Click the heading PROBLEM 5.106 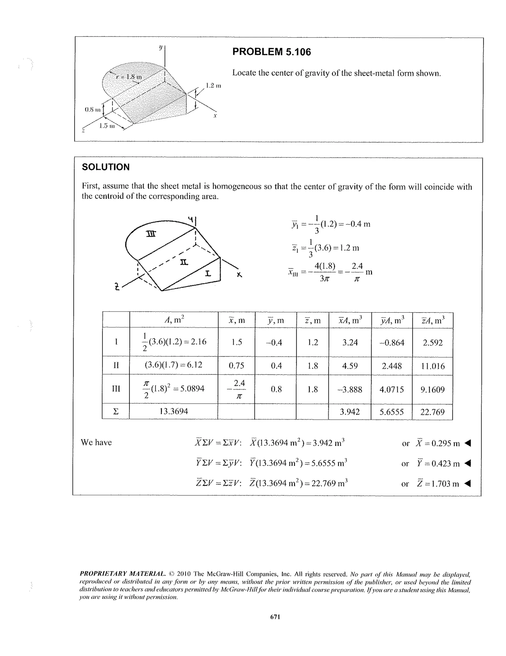coord(271,52)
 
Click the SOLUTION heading coord(105,167)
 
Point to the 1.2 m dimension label coord(213,86)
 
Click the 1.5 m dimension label coord(107,126)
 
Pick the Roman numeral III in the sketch coord(151,234)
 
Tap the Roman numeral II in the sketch coord(184,262)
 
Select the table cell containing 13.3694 coord(173,411)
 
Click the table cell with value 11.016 coord(432,366)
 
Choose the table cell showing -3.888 coord(350,389)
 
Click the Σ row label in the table coord(116,411)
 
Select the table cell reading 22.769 coord(432,412)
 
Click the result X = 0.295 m coord(438,443)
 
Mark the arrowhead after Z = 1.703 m coord(467,483)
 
